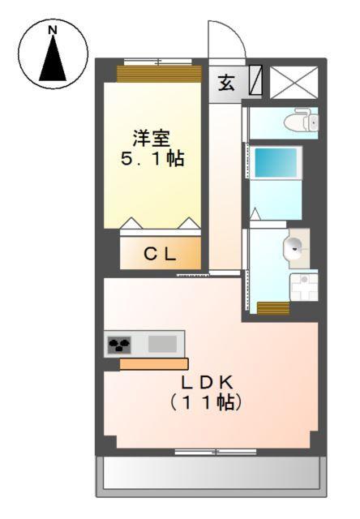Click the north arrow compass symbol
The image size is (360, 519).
coord(54,54)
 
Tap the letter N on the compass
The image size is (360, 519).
coord(54,31)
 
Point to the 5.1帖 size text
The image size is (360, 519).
coord(152,159)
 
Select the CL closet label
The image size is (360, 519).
coord(160,254)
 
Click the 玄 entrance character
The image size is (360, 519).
coord(226,83)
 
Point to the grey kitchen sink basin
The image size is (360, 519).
coord(162,344)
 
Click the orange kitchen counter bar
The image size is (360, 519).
coord(154,364)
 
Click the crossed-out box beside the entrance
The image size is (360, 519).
coord(294,83)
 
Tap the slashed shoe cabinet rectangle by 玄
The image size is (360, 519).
coord(255,82)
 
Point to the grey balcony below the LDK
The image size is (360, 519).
coord(212,474)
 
